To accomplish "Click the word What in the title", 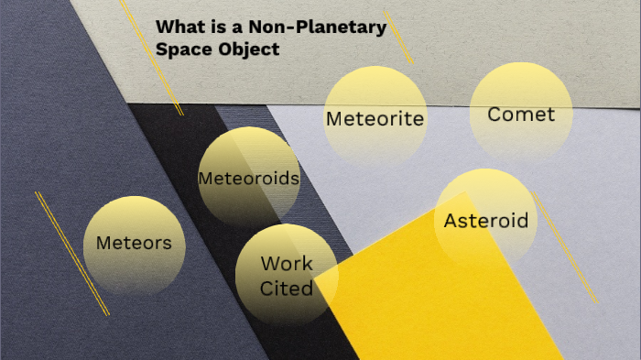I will pyautogui.click(x=178, y=28).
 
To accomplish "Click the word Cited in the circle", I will pyautogui.click(x=287, y=289).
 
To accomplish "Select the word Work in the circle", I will pyautogui.click(x=287, y=264).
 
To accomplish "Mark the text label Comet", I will pyautogui.click(x=521, y=115).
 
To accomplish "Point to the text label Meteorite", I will pyautogui.click(x=375, y=119).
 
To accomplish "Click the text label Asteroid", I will pyautogui.click(x=486, y=221).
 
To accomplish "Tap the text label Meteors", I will pyautogui.click(x=134, y=244).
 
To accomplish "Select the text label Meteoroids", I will pyautogui.click(x=249, y=179).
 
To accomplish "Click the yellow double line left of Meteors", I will pyautogui.click(x=71, y=253).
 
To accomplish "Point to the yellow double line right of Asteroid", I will pyautogui.click(x=565, y=249).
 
